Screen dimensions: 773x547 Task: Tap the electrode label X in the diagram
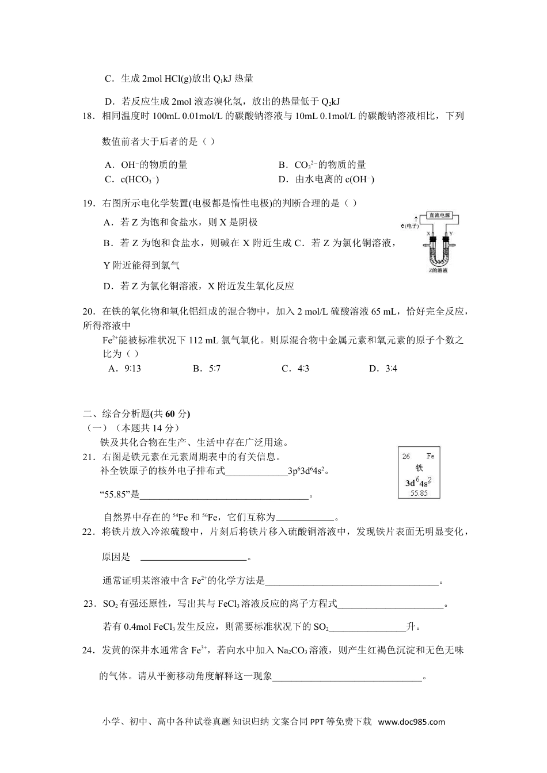pos(429,234)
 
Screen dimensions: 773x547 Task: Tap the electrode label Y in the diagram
pos(450,234)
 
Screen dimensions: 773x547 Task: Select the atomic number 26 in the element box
pos(407,456)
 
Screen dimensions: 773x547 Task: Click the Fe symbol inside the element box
pos(430,456)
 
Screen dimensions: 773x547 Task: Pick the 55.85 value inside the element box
pos(419,493)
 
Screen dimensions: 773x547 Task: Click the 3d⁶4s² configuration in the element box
pos(419,482)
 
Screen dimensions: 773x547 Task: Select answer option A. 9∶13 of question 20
pos(124,369)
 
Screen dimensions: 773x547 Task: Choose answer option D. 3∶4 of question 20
pos(383,369)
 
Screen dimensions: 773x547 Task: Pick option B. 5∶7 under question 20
pos(207,369)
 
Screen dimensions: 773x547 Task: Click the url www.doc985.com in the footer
pos(412,722)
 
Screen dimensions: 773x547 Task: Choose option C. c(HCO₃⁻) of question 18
pos(132,179)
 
